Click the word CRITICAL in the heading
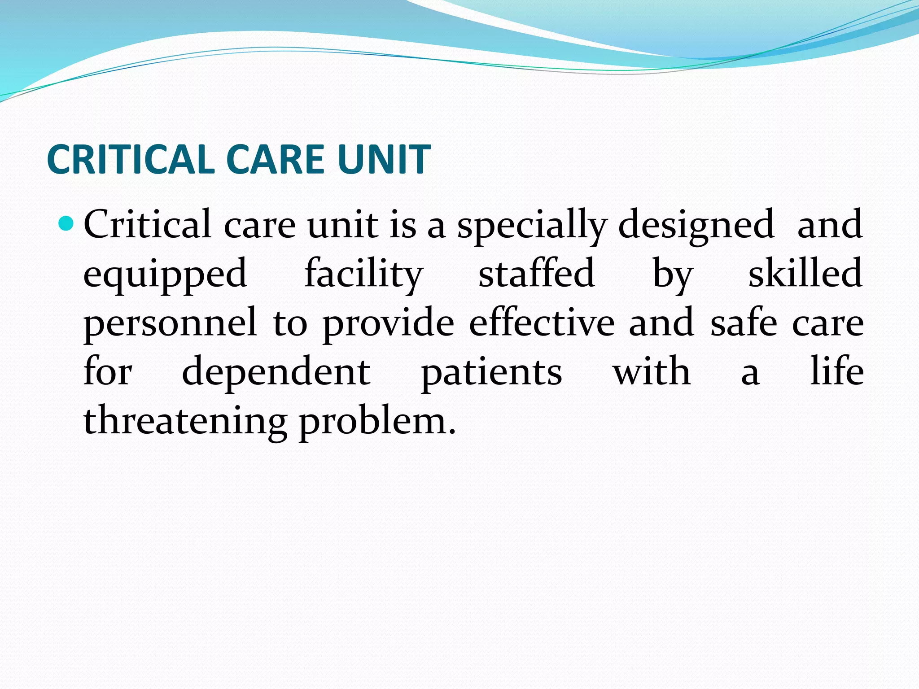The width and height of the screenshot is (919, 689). [x=131, y=159]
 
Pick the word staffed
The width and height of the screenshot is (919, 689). [x=537, y=274]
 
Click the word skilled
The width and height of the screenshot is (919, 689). [x=805, y=274]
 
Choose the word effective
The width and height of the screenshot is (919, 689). [x=542, y=323]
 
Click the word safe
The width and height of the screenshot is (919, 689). [x=744, y=323]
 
